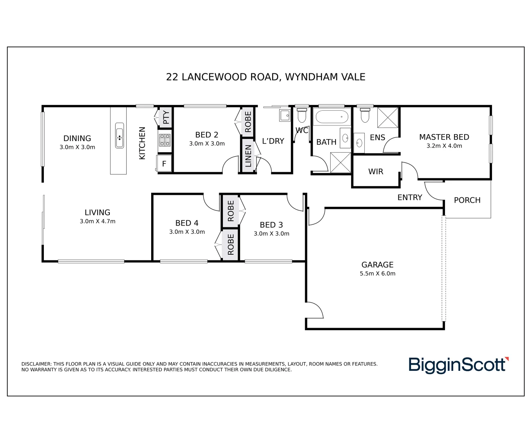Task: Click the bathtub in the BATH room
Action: point(332,116)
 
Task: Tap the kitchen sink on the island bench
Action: point(119,135)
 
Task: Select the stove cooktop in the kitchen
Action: point(164,140)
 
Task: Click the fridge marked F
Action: point(164,163)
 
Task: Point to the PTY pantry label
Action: point(166,117)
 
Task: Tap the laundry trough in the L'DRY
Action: point(285,116)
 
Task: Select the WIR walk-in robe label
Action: point(376,171)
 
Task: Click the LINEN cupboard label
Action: point(248,156)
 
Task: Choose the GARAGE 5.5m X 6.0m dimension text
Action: point(377,274)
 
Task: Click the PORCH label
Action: point(467,200)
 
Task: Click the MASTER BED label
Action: point(444,137)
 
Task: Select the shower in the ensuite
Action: point(388,118)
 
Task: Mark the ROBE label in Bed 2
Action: point(248,122)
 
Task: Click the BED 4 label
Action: point(187,223)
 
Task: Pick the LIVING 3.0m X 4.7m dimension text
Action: point(98,221)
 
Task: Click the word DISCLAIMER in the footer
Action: point(36,364)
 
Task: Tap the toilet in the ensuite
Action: point(365,115)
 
